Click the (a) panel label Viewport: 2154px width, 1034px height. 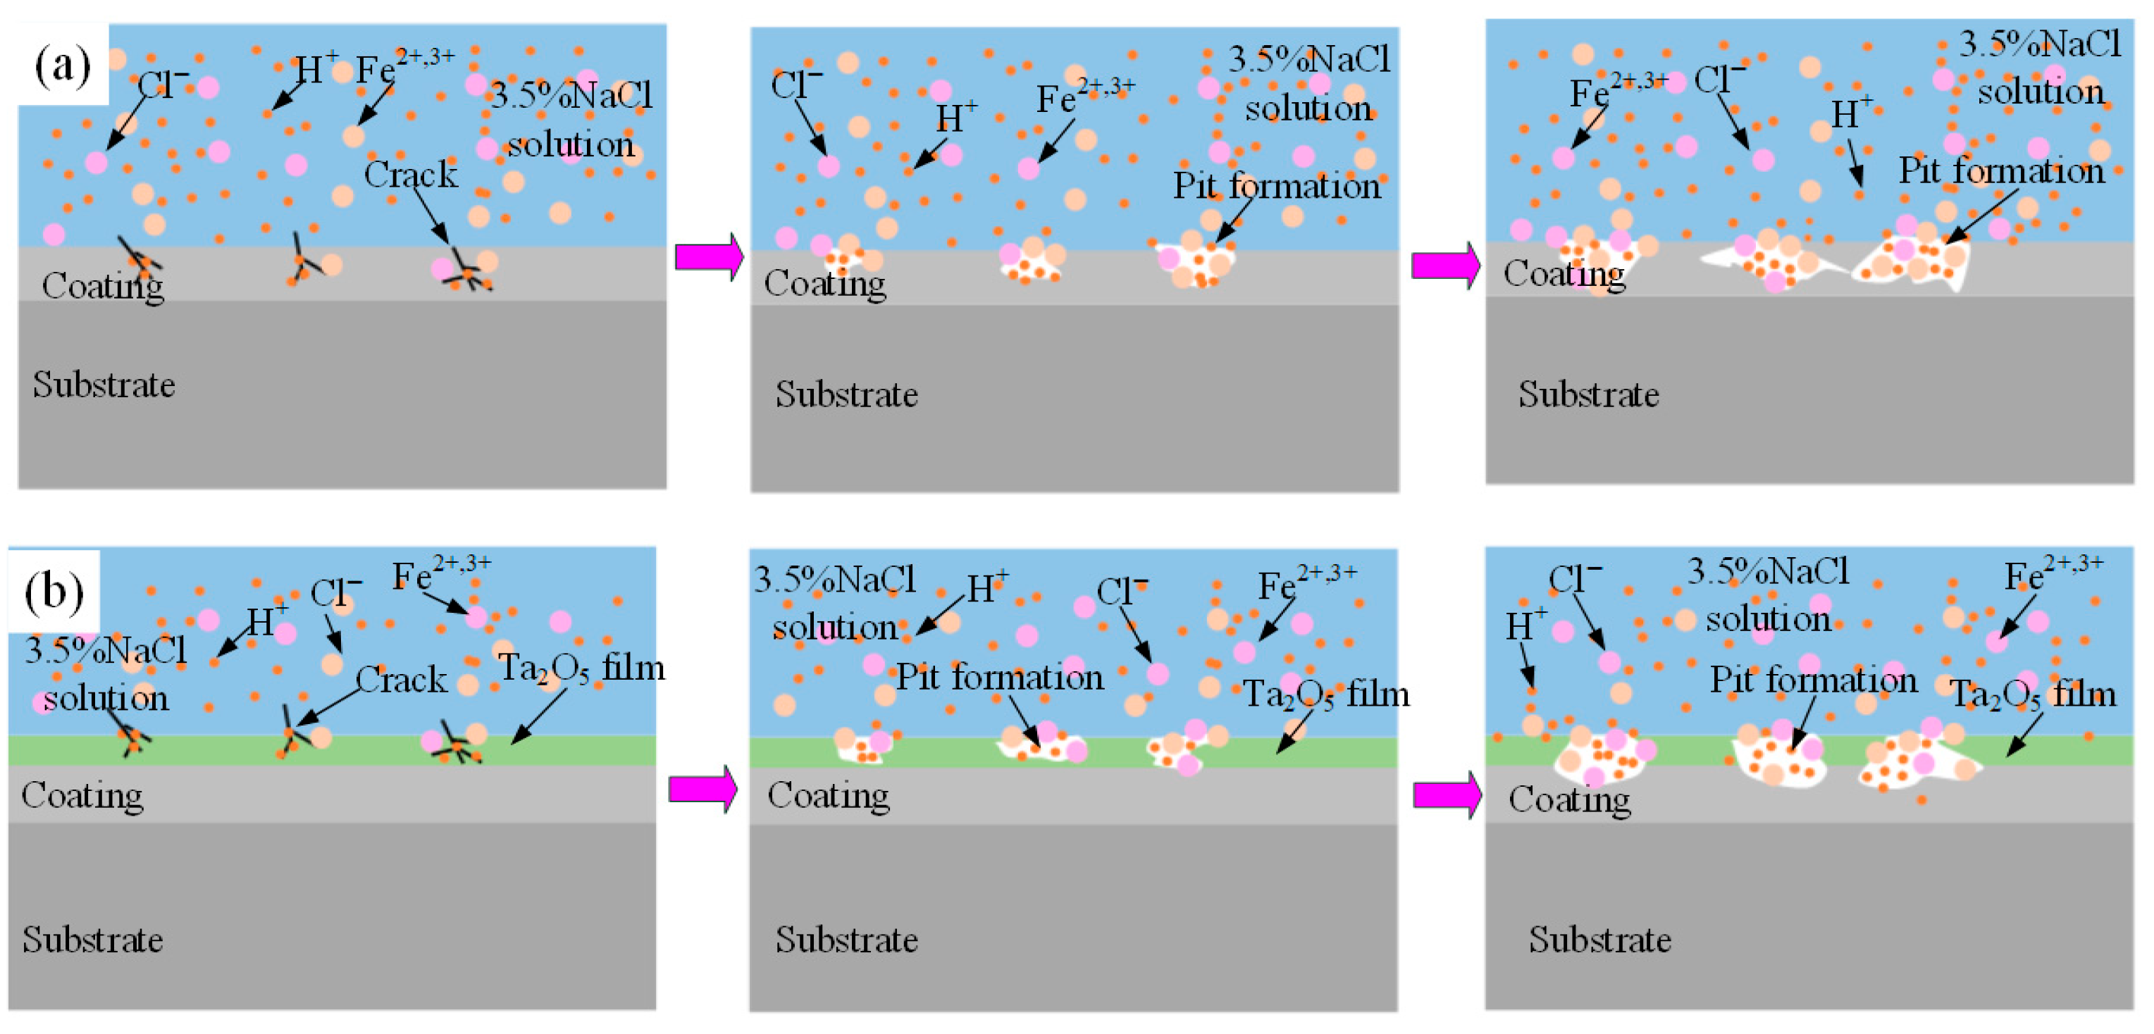tap(63, 66)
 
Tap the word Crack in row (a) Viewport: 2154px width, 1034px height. tap(411, 175)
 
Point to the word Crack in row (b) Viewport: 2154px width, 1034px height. tap(402, 680)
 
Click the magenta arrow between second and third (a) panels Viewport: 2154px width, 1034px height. tap(1446, 266)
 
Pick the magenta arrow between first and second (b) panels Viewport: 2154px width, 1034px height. tap(702, 788)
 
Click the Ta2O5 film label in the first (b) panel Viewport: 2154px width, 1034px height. tap(581, 668)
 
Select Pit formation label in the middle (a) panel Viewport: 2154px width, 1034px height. tap(1276, 185)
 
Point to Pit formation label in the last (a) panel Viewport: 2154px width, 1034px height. tap(2001, 170)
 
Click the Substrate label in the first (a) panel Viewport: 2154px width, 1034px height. tap(104, 385)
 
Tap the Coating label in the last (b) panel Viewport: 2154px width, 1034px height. tap(1569, 800)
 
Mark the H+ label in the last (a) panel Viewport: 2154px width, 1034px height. tap(1851, 113)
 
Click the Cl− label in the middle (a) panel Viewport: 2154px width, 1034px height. tap(796, 85)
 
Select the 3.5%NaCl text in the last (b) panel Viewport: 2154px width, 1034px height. tap(1769, 572)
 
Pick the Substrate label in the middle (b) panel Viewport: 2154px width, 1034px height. tap(846, 940)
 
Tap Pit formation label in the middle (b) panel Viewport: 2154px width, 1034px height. tap(1000, 677)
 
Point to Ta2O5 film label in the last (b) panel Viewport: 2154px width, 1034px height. tap(2033, 694)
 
